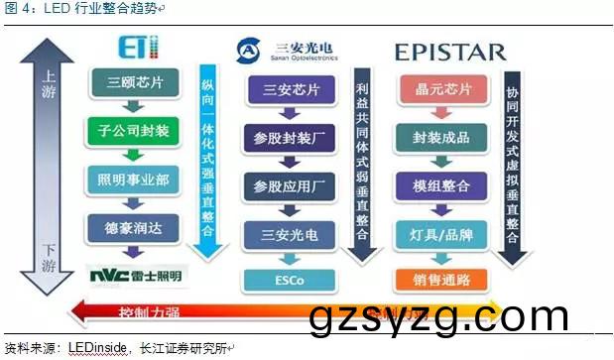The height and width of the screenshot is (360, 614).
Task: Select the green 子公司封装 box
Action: pyautogui.click(x=130, y=131)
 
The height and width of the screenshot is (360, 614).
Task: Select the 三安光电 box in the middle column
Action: pyautogui.click(x=291, y=235)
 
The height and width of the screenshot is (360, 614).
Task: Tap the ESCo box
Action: pyautogui.click(x=291, y=280)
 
